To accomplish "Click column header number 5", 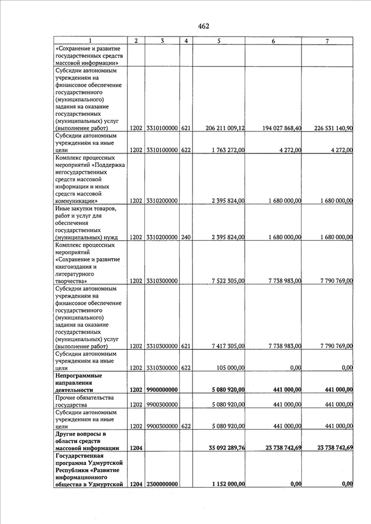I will click(x=219, y=41).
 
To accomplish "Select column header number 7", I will click(x=328, y=41).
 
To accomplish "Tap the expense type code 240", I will click(x=186, y=237).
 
